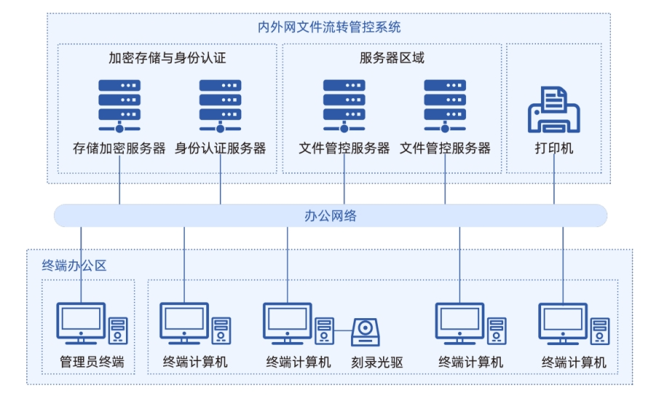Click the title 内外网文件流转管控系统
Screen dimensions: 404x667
[329, 28]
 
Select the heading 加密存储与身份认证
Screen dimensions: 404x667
[167, 58]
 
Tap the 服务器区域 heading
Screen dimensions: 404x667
[392, 58]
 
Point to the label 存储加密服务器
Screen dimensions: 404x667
[119, 148]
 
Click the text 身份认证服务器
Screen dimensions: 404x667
[220, 148]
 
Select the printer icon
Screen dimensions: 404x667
[553, 109]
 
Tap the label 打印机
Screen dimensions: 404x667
[554, 148]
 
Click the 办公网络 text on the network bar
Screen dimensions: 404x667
[330, 215]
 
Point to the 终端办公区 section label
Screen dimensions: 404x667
[74, 266]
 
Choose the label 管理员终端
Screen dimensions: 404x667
[92, 362]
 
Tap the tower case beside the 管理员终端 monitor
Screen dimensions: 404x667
[118, 330]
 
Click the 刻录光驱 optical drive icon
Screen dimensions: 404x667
[366, 332]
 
